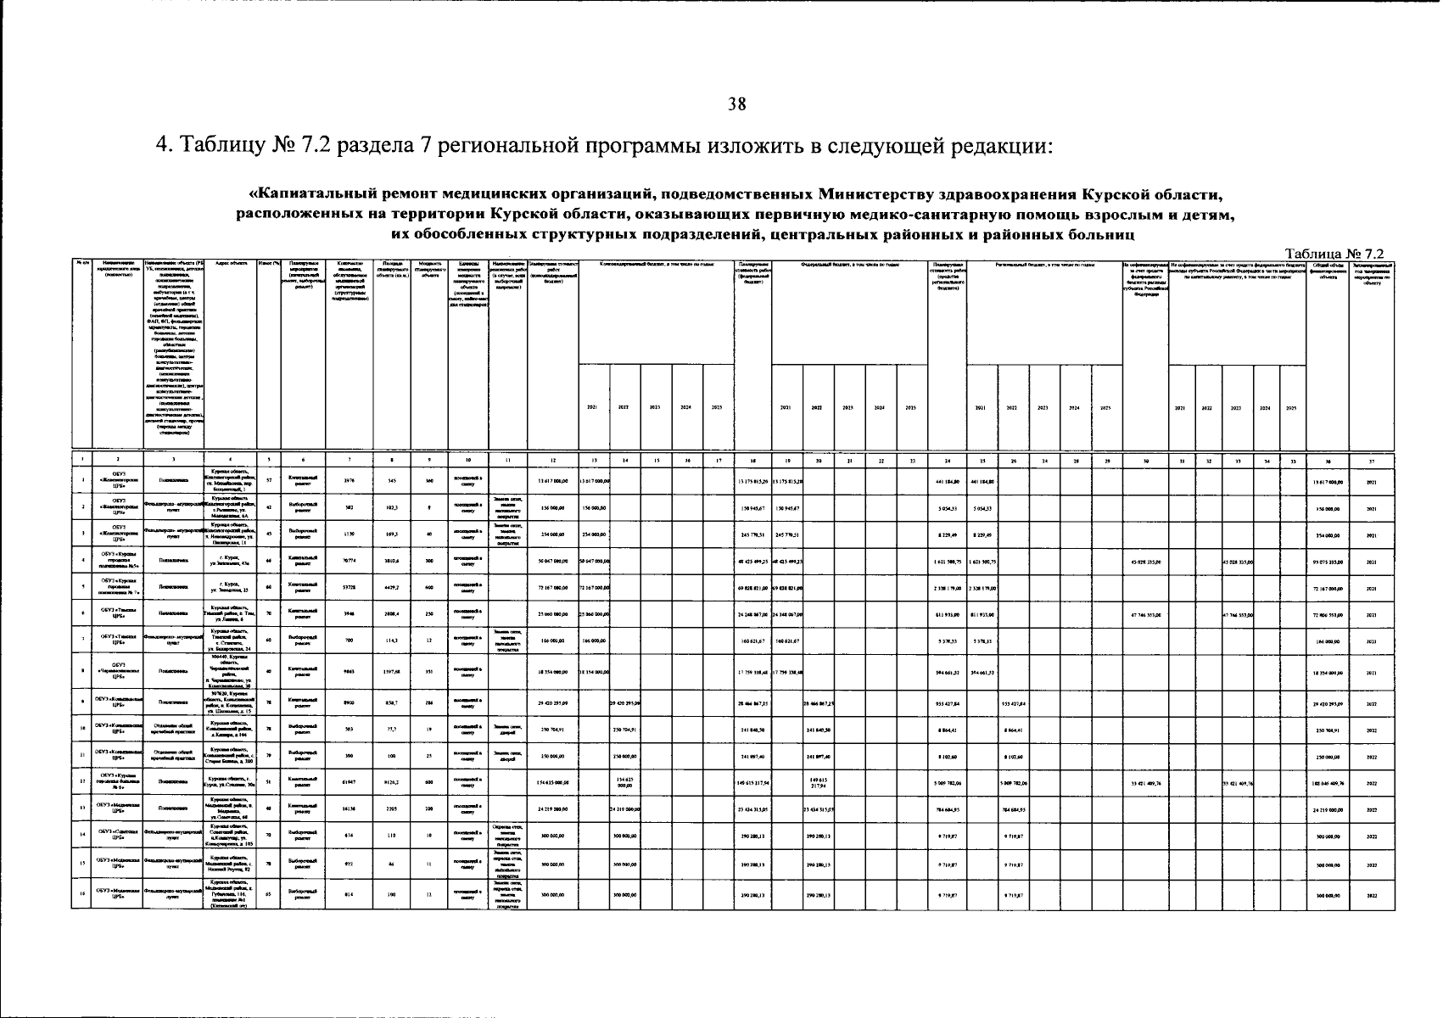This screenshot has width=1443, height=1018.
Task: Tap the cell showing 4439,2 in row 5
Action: coord(392,587)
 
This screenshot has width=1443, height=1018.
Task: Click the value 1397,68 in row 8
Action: coord(392,673)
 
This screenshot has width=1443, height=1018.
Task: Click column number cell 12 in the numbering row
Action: coord(552,461)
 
